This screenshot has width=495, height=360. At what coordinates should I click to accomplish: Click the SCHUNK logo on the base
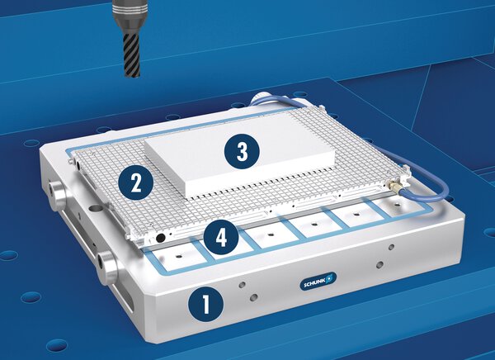[x=318, y=281]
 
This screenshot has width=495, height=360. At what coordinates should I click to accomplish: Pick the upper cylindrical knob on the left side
[x=58, y=197]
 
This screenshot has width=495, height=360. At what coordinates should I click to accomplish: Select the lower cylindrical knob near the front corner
[x=108, y=267]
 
